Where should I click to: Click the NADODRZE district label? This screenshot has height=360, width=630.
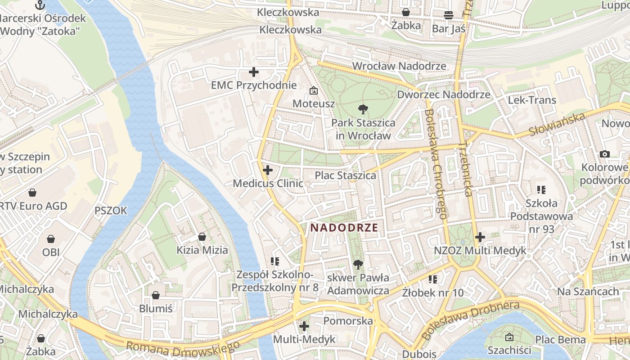[344, 227]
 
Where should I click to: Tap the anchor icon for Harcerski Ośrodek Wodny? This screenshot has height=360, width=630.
[40, 5]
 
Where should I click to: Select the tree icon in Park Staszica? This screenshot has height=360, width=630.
[363, 109]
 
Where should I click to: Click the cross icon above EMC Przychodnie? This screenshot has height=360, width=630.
[254, 72]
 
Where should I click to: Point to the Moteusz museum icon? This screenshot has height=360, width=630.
[314, 91]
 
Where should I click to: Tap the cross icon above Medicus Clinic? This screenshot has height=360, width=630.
[268, 170]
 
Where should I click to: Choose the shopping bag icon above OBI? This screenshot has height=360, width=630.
[51, 238]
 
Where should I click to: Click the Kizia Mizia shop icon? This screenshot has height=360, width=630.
[202, 237]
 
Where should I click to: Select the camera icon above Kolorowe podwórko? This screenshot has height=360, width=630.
[605, 154]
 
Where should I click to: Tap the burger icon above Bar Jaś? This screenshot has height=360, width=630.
[448, 15]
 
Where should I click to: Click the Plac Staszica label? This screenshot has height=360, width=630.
[345, 175]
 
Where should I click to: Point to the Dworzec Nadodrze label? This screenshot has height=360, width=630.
[443, 94]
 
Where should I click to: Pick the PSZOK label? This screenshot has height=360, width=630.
[111, 211]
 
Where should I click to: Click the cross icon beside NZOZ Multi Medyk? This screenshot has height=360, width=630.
[480, 237]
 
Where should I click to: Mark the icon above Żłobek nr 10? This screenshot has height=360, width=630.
[433, 279]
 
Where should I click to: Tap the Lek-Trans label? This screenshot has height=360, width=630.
[532, 100]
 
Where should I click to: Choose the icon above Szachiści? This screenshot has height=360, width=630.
[509, 337]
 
